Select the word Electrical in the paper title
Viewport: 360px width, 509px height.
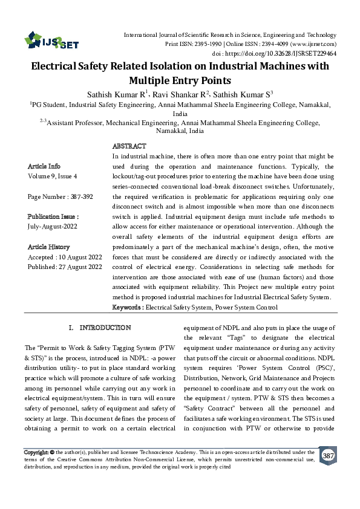[x=58, y=67]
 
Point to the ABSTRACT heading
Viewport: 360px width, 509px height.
[x=129, y=146]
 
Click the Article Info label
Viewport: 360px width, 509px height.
[x=44, y=166]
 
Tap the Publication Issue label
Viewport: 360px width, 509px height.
[x=53, y=216]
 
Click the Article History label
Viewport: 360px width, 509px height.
[x=48, y=247]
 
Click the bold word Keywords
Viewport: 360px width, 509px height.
[x=127, y=308]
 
